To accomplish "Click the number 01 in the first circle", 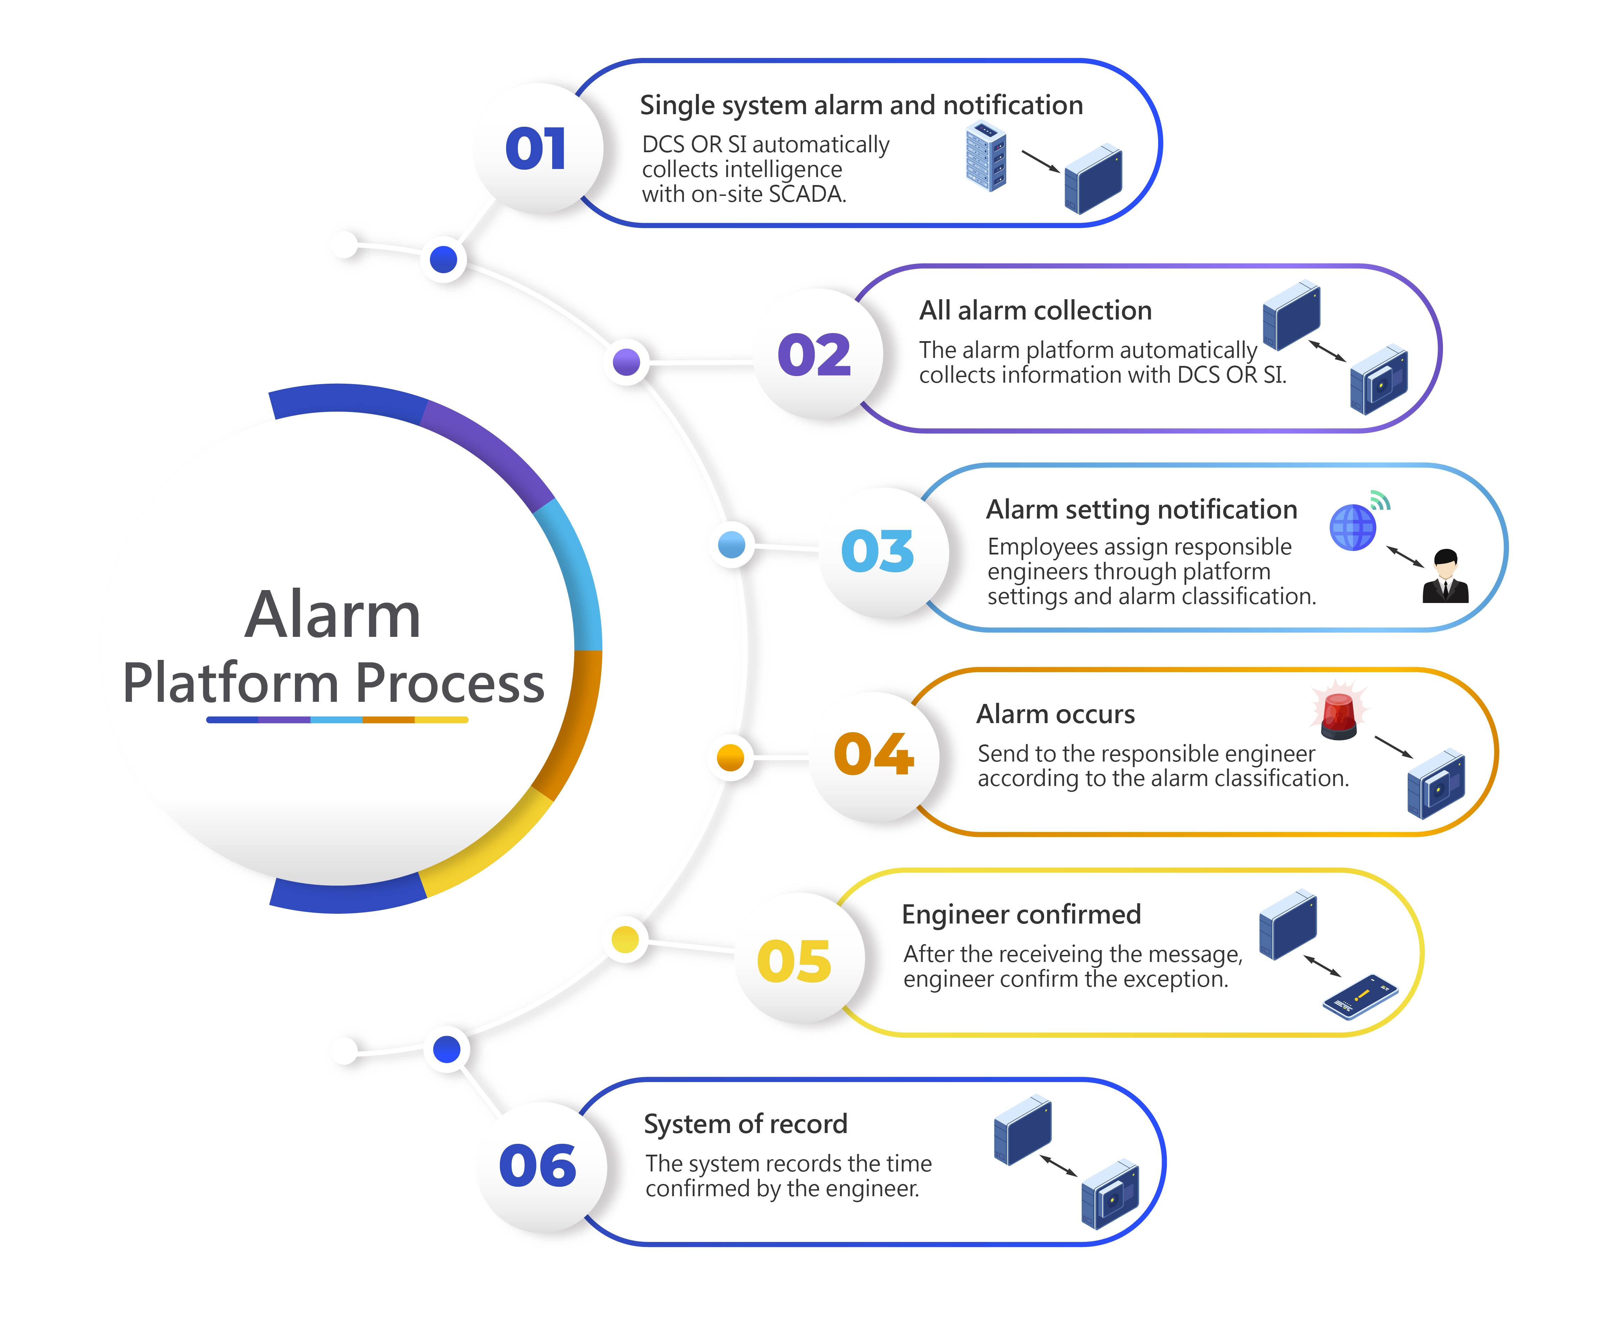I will [x=536, y=149].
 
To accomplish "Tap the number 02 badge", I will [x=814, y=355].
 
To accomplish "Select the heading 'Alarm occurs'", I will [x=1055, y=714].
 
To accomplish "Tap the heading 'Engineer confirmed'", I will [x=1021, y=914].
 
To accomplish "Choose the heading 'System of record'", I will [x=745, y=1124].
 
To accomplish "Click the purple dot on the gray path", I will [x=626, y=362].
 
